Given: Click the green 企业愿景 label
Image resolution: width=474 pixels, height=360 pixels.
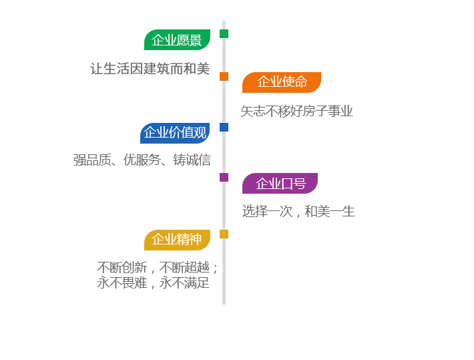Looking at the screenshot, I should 177,40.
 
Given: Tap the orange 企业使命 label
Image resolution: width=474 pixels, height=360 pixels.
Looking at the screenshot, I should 282,82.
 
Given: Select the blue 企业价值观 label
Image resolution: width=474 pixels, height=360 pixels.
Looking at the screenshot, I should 175,133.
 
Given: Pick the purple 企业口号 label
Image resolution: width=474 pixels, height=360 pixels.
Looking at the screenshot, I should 280,184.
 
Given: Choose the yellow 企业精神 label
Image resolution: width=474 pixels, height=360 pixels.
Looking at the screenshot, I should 177,240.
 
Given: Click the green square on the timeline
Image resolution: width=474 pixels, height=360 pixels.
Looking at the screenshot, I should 224,34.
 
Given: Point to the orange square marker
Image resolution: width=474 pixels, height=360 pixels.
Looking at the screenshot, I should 224,76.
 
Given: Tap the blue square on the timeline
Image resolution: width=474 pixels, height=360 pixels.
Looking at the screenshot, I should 224,127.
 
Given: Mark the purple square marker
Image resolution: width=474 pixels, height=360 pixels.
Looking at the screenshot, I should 224,178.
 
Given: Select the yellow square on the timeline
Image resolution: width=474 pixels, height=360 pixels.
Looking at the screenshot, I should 224,234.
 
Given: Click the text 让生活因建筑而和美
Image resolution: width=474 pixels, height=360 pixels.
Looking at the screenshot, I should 150,69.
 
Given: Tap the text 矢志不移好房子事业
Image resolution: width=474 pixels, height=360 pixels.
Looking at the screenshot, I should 296,112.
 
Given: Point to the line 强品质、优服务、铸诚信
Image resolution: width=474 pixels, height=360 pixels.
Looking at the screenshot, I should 142,160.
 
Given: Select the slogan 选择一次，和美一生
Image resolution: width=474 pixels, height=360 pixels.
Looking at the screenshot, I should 298,212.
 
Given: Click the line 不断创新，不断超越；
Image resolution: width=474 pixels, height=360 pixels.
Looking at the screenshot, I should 158,267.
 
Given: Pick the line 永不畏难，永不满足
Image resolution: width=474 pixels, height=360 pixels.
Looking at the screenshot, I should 154,283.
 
